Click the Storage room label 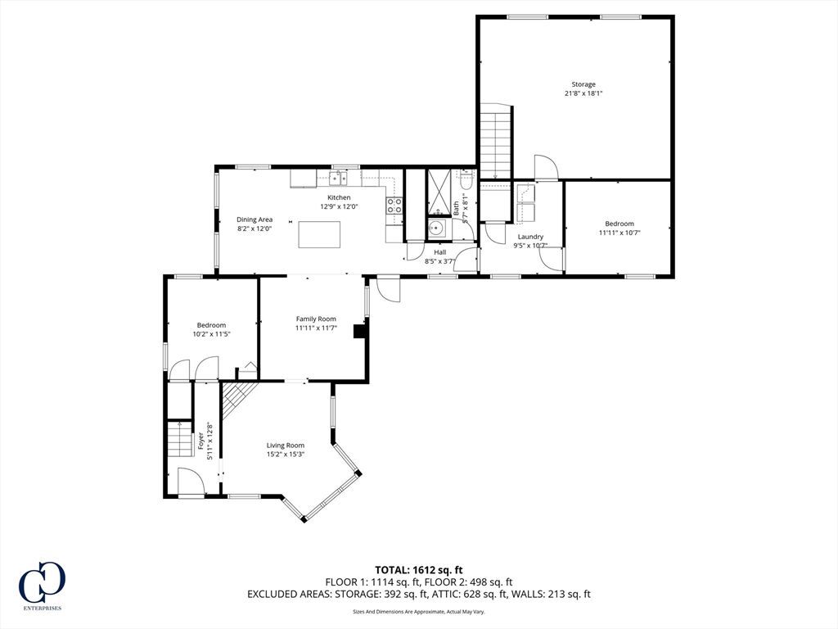coord(583,84)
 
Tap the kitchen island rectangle coord(319,235)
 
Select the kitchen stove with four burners coord(394,205)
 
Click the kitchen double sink coord(338,178)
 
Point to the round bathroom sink coord(438,229)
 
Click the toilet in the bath coord(466,179)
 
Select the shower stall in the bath coord(439,192)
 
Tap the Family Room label coord(316,319)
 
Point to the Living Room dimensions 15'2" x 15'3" coord(286,454)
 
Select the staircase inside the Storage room coord(497,140)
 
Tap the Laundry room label coord(530,237)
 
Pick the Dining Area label coord(255,219)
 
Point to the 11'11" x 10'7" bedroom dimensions coord(619,233)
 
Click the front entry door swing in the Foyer coord(191,482)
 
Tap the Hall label coord(439,252)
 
